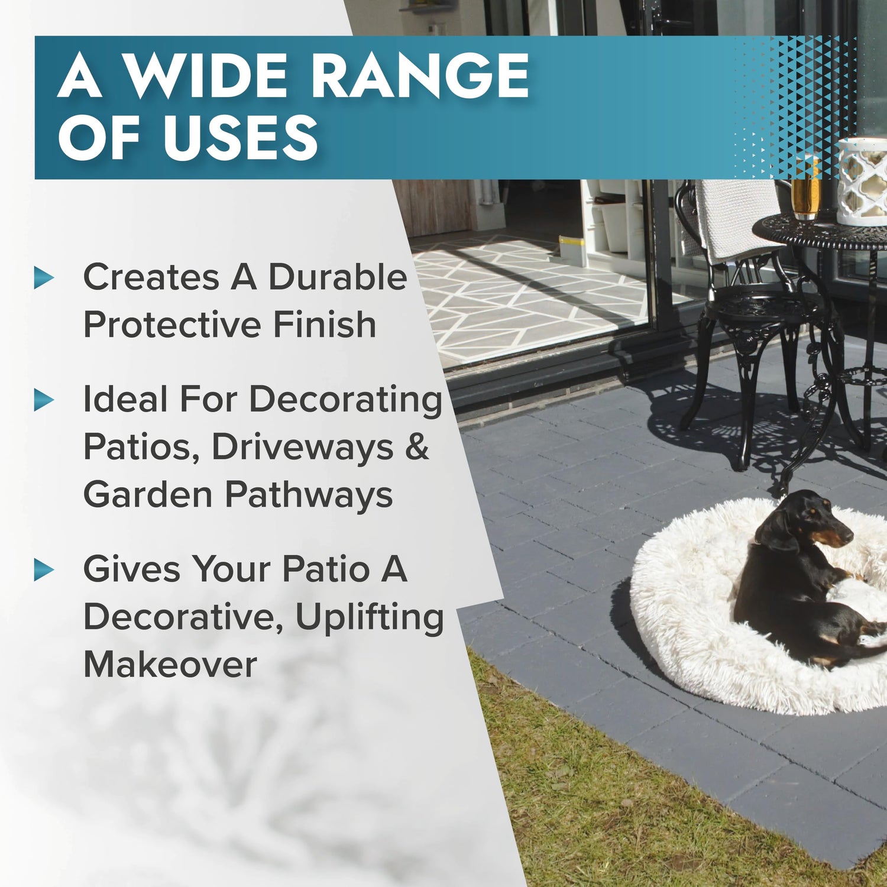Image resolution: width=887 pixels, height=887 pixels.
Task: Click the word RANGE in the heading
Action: [x=420, y=75]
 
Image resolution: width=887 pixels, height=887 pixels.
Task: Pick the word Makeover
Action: [x=170, y=664]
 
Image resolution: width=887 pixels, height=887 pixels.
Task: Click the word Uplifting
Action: [x=370, y=618]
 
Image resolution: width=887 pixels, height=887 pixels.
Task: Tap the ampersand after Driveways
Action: [x=417, y=446]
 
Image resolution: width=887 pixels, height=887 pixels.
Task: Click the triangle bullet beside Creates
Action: [x=44, y=277]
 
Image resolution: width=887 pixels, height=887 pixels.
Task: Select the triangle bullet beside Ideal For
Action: [x=44, y=400]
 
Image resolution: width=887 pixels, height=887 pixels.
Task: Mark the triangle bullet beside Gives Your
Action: [x=44, y=569]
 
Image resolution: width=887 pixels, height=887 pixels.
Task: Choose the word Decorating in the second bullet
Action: [x=345, y=400]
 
